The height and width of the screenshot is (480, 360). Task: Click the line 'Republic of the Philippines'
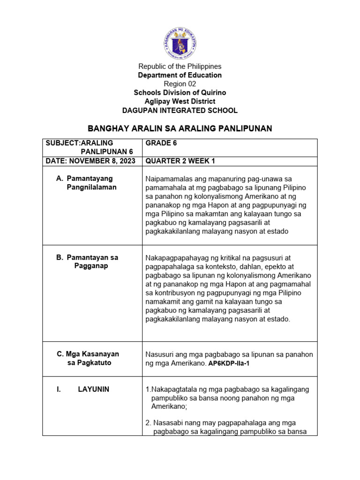point(180,67)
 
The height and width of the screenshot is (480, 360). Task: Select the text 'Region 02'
point(180,84)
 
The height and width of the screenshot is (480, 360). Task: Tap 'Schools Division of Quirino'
point(180,93)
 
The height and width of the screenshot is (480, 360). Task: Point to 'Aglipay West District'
point(180,102)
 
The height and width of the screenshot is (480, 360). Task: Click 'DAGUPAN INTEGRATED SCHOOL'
point(180,111)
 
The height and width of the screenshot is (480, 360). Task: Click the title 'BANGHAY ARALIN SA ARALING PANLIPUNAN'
point(180,128)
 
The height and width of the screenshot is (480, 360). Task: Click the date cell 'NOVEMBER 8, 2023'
point(90,161)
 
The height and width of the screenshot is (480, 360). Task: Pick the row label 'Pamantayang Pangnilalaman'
point(92,183)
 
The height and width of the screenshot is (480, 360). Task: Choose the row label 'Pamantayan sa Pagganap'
point(92,262)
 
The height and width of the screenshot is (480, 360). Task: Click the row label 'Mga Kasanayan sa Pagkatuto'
point(88,359)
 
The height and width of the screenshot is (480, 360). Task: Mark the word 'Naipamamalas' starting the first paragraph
point(168,179)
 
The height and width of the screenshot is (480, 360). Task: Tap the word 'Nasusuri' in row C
point(160,354)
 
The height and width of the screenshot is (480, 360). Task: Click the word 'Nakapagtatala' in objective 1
point(172,390)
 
